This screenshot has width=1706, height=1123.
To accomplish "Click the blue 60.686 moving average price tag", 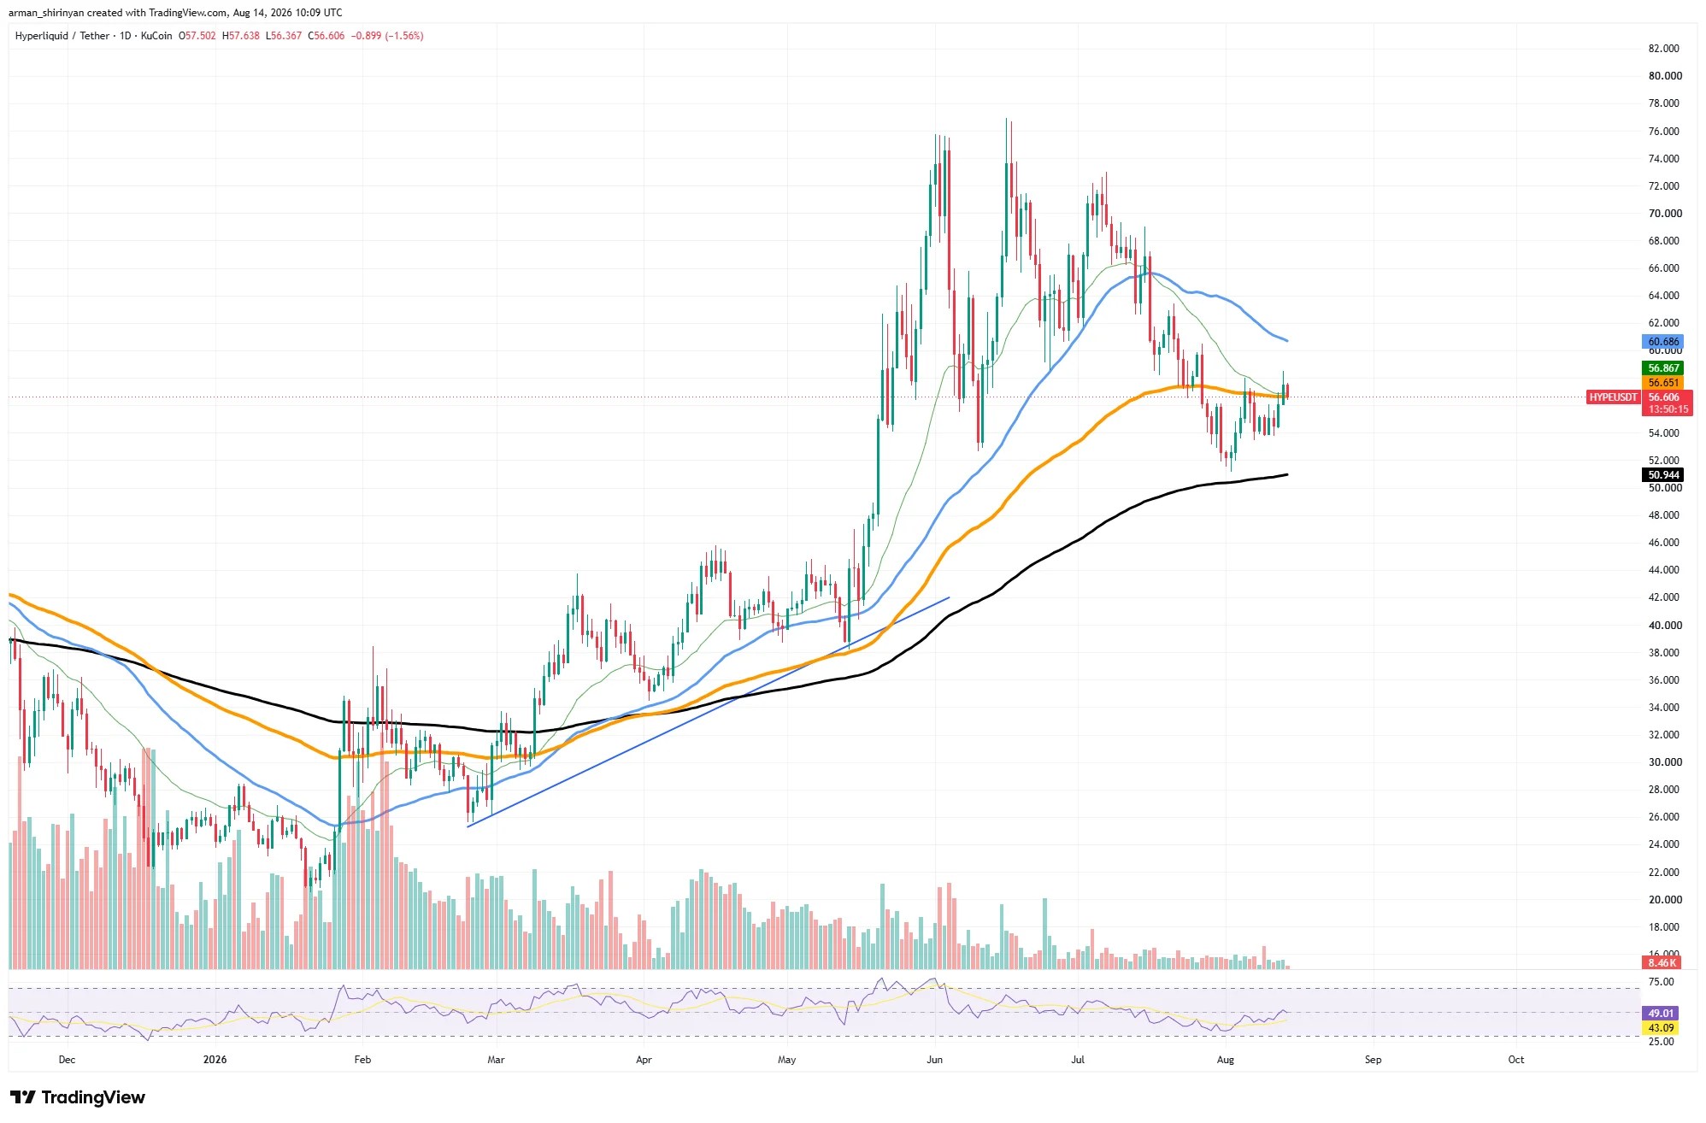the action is point(1662,342).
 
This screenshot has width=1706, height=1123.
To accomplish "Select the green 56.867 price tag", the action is point(1662,368).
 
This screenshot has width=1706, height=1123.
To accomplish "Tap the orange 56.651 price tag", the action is point(1662,383).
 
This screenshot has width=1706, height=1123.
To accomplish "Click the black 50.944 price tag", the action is point(1662,475).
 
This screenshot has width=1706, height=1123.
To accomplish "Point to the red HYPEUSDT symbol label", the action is point(1613,397).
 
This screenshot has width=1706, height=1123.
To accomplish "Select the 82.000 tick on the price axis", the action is point(1663,49).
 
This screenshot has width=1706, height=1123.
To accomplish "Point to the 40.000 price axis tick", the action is point(1664,626).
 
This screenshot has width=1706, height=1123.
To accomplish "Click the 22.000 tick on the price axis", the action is point(1664,873).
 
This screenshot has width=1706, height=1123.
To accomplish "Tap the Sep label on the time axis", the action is point(1373,1060).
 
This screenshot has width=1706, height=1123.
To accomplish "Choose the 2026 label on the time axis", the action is point(215,1060).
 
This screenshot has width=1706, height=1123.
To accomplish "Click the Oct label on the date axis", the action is point(1515,1060).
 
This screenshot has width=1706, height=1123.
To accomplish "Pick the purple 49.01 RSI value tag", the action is point(1661,1014).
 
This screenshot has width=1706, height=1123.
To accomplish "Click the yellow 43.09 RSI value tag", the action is point(1661,1028).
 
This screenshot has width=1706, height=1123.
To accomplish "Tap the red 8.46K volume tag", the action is point(1661,963).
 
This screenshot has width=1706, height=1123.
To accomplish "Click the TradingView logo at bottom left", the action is point(78,1097).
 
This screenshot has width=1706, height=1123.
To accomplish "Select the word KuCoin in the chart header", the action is point(156,36).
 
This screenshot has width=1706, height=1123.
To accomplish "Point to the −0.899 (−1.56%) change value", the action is point(389,36).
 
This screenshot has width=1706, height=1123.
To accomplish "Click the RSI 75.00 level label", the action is point(1662,983).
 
